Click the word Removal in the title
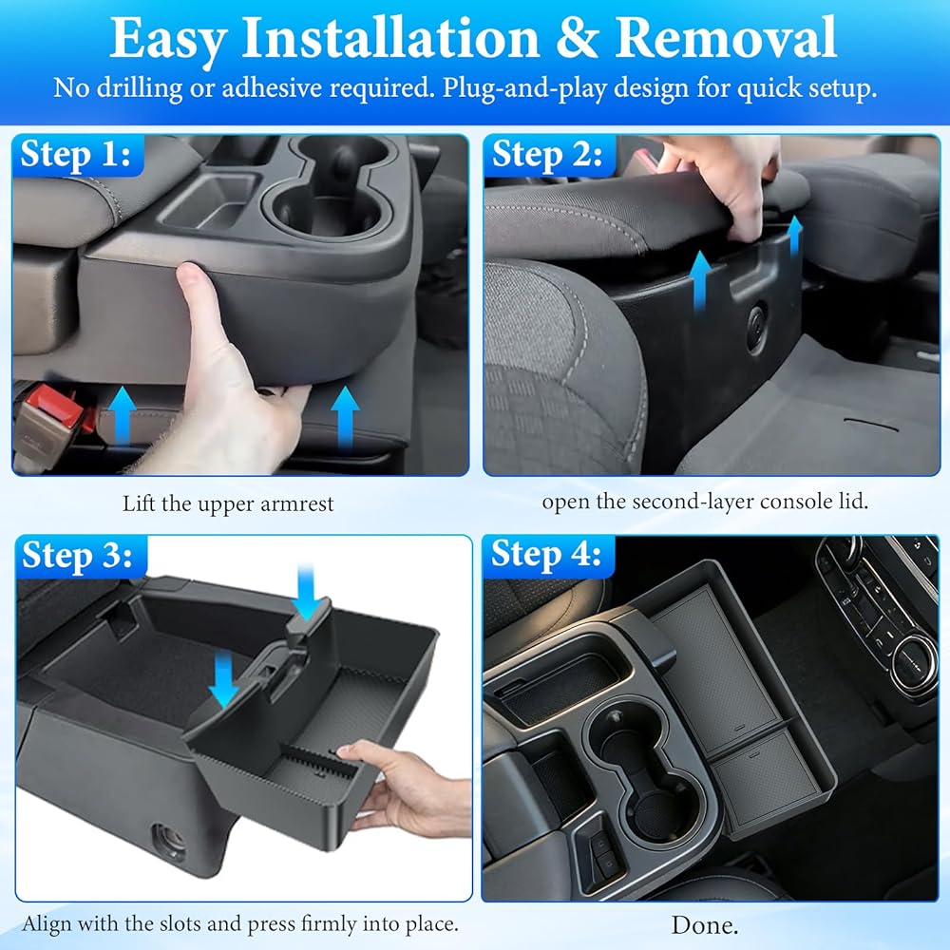[x=726, y=38]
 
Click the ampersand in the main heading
[x=578, y=38]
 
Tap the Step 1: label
[x=76, y=155]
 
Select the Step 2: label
[x=547, y=155]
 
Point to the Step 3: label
[x=77, y=556]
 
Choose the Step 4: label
[x=546, y=555]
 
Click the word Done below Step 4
[x=705, y=925]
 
